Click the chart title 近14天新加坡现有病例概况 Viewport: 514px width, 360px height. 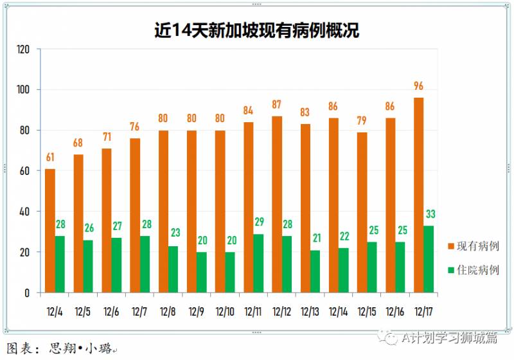tap(257, 30)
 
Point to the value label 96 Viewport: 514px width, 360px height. tap(419, 86)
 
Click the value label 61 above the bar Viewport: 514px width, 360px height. tap(50, 157)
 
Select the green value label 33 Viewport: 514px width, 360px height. tap(430, 214)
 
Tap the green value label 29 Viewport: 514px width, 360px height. tap(258, 222)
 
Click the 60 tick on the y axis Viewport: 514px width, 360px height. tap(25, 171)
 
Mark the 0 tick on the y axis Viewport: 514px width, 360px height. tap(27, 292)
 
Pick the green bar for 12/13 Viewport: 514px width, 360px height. tap(315, 271)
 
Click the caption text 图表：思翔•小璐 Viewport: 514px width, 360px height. tap(61, 349)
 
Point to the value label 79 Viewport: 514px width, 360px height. tap(362, 122)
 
